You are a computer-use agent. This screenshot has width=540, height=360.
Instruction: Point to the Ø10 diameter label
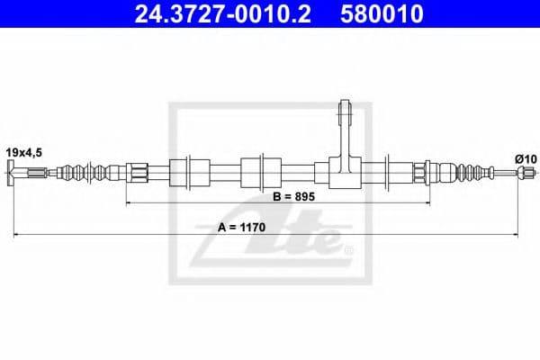pos(526,158)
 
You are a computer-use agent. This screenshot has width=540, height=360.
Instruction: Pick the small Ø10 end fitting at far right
pos(519,171)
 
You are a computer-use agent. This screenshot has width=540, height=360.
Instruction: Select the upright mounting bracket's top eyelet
pos(345,112)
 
